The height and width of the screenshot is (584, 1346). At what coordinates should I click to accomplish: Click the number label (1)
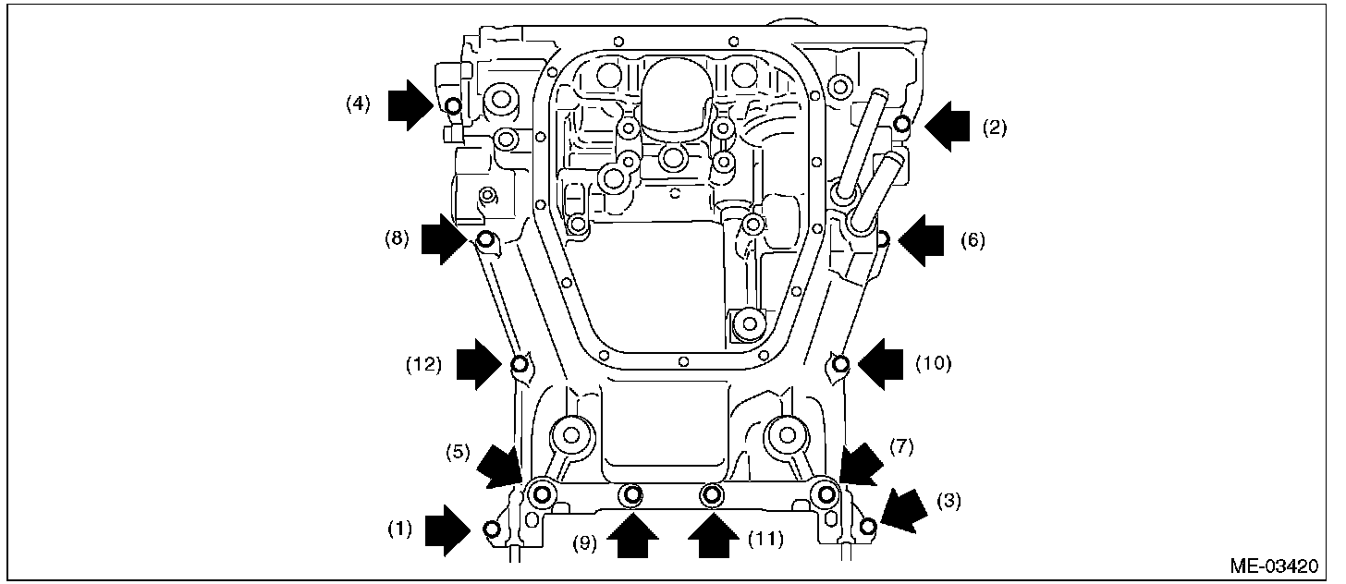pos(399,529)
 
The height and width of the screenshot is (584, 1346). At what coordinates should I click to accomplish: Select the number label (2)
pos(994,128)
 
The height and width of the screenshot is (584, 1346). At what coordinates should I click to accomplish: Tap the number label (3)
pos(949,502)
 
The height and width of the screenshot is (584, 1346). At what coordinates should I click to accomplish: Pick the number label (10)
pos(934,364)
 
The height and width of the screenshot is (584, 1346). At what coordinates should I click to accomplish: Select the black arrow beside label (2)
pos(948,127)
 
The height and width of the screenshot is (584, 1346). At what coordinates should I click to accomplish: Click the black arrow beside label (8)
pos(443,241)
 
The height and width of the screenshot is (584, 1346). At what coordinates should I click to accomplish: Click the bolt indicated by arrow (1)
pos(492,529)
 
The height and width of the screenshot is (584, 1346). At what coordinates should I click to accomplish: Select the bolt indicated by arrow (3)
pos(867,527)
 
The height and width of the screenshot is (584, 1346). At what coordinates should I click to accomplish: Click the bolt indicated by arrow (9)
pos(632,497)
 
